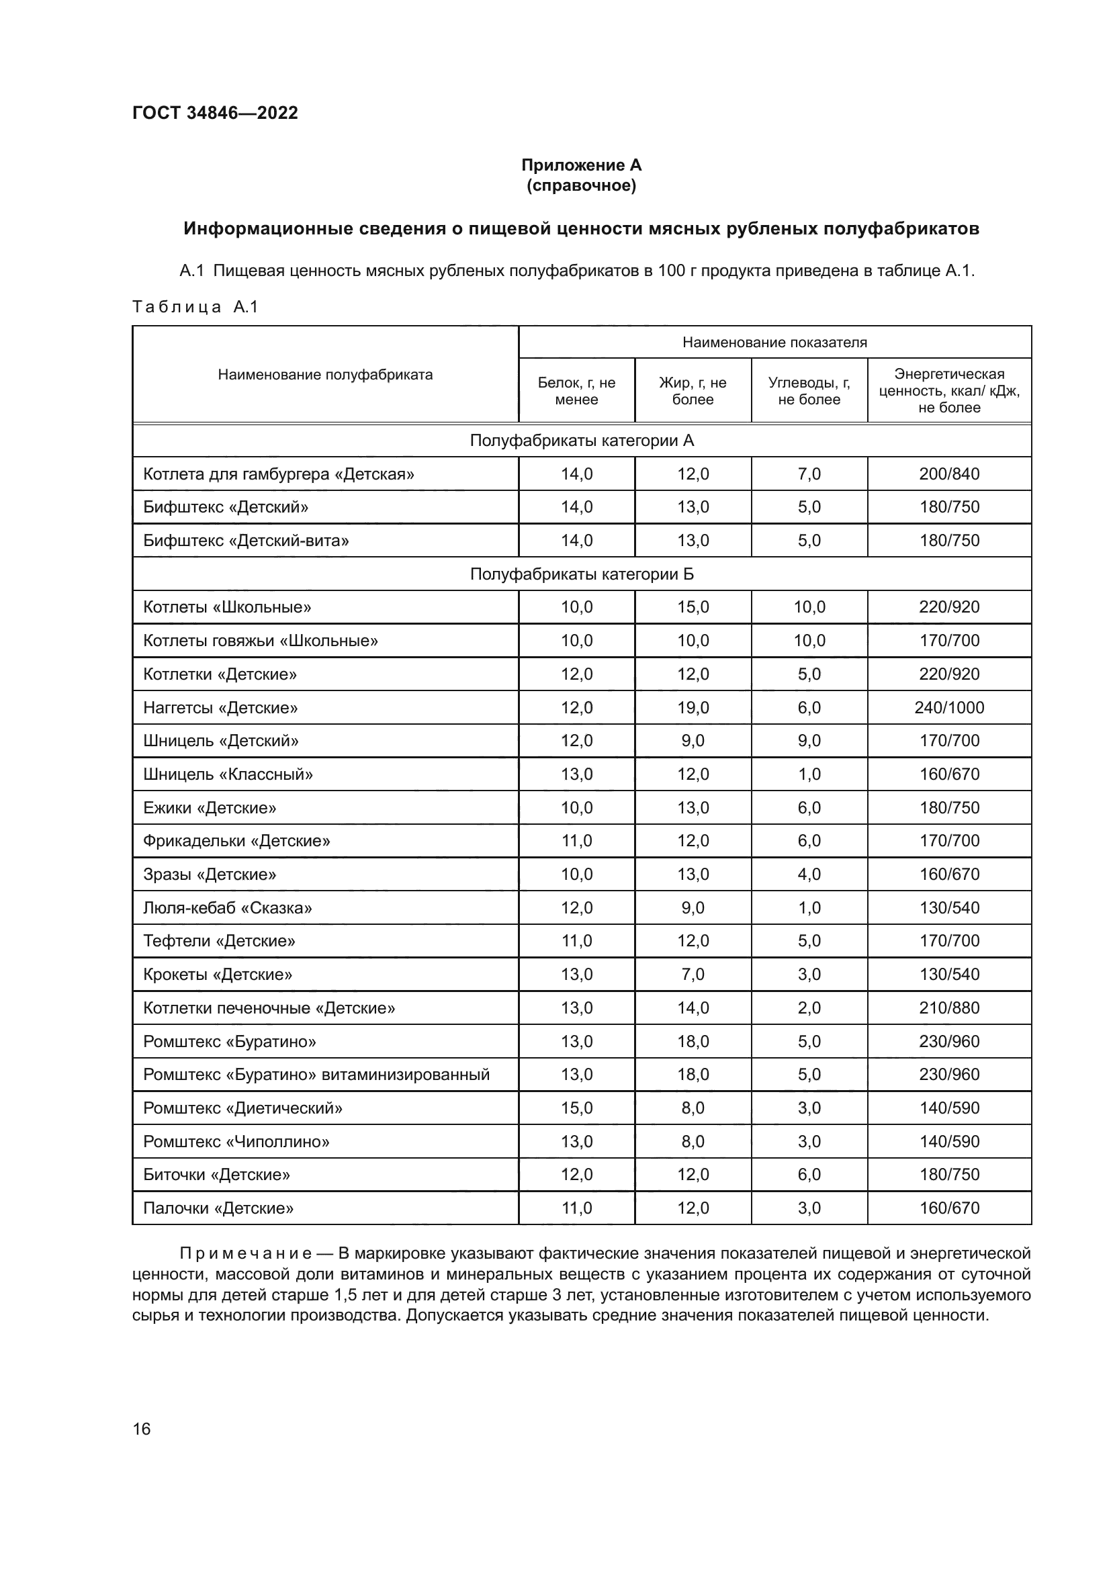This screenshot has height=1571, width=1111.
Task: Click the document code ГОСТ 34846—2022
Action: [x=215, y=113]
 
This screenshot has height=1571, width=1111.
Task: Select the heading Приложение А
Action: [x=581, y=165]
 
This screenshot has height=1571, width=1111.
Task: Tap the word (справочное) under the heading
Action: [x=581, y=185]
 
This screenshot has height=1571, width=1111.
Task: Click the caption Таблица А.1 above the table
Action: [x=195, y=306]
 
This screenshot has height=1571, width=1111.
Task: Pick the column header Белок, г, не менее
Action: [x=576, y=391]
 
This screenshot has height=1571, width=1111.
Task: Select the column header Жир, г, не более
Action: [x=693, y=391]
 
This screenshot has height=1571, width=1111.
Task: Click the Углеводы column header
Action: [x=809, y=391]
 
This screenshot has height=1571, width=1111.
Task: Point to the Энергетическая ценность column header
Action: [x=949, y=391]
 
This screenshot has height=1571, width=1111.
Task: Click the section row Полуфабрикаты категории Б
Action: [x=582, y=574]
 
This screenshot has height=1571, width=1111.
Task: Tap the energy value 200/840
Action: [x=949, y=474]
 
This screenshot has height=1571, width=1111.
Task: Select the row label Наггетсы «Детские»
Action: [x=220, y=707]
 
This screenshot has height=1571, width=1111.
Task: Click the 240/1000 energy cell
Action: [x=949, y=707]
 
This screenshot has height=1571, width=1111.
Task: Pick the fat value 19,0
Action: [x=693, y=707]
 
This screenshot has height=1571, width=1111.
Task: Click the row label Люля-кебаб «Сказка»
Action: [x=227, y=908]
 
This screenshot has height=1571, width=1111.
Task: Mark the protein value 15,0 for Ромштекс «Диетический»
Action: [x=576, y=1108]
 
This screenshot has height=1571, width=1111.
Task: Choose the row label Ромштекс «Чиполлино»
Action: [x=236, y=1141]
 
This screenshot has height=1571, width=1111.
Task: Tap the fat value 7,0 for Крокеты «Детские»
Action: [x=693, y=975]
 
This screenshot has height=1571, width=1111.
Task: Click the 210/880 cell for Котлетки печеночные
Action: [x=949, y=1008]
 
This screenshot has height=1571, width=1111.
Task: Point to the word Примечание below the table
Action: [x=246, y=1253]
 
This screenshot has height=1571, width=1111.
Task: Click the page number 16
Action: [x=142, y=1429]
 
